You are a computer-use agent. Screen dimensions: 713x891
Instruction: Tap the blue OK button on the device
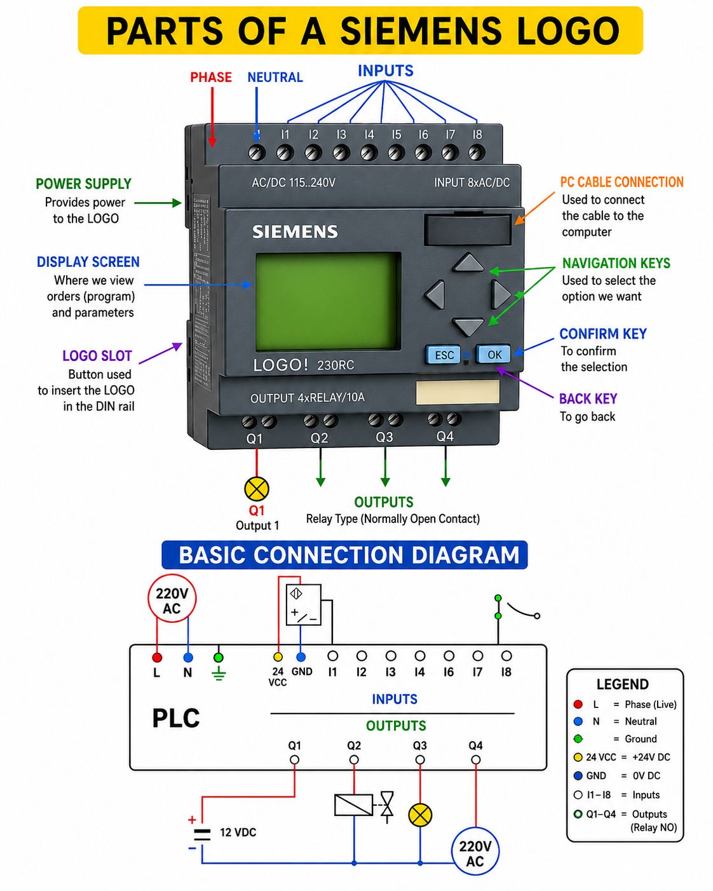pyautogui.click(x=494, y=355)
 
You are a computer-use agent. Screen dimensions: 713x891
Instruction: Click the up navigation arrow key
pyautogui.click(x=468, y=263)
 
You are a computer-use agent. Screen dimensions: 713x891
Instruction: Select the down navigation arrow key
pyautogui.click(x=468, y=327)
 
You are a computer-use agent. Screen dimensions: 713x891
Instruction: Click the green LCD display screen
pyautogui.click(x=329, y=302)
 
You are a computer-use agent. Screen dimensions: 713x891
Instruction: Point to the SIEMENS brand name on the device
pyautogui.click(x=295, y=232)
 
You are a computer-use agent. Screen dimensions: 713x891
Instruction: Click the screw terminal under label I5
pyautogui.click(x=397, y=153)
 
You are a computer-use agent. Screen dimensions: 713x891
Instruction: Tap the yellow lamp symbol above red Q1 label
pyautogui.click(x=257, y=489)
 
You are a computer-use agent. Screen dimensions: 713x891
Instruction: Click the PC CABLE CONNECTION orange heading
pyautogui.click(x=621, y=182)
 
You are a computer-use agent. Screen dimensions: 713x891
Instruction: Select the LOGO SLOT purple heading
pyautogui.click(x=97, y=356)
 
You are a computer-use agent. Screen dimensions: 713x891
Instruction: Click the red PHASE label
pyautogui.click(x=211, y=78)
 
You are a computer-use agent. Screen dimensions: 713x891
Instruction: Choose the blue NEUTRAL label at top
pyautogui.click(x=275, y=78)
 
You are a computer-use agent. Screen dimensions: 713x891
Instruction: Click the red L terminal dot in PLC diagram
pyautogui.click(x=157, y=657)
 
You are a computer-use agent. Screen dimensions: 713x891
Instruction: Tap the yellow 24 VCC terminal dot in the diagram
pyautogui.click(x=278, y=656)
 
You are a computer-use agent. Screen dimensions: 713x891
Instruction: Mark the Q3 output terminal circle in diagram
pyautogui.click(x=420, y=759)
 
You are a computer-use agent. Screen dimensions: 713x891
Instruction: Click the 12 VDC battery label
pyautogui.click(x=238, y=832)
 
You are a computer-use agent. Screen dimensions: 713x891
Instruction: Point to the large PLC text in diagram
pyautogui.click(x=176, y=718)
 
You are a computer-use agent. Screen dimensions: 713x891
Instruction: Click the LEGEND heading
pyautogui.click(x=622, y=684)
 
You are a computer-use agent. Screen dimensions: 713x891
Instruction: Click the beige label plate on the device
pyautogui.click(x=458, y=392)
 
